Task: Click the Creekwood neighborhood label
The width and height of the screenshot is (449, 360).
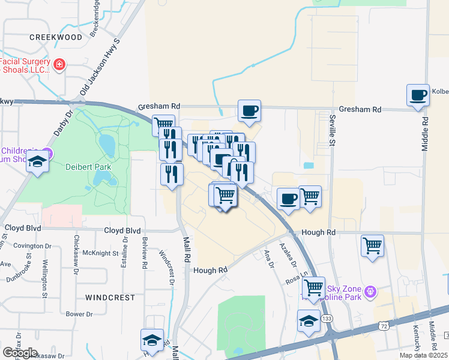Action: [56, 37]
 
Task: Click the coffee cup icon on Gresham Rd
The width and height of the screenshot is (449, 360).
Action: [249, 110]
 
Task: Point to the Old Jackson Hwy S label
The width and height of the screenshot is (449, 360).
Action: [100, 67]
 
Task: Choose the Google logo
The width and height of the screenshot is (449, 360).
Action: [20, 353]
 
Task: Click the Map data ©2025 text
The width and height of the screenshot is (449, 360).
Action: [424, 355]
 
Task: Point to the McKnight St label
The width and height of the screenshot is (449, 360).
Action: [100, 253]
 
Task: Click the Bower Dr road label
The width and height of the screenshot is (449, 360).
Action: [79, 314]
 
